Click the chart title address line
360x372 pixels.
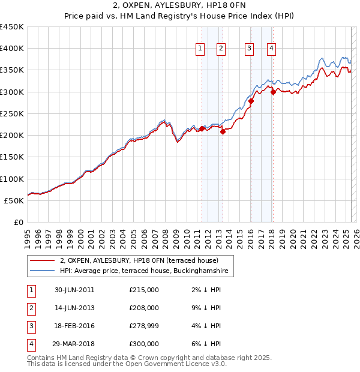(180, 5)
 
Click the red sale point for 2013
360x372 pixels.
(223, 132)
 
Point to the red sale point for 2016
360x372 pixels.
(251, 101)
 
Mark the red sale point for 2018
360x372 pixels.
(273, 92)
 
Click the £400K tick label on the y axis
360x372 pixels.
(12, 49)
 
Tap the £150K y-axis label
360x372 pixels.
(12, 157)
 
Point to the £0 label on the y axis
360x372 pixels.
(18, 223)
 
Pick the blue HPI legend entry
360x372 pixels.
(144, 271)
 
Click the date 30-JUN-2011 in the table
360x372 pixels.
(74, 290)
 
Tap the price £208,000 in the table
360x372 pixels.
(144, 308)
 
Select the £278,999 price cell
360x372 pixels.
(144, 326)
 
